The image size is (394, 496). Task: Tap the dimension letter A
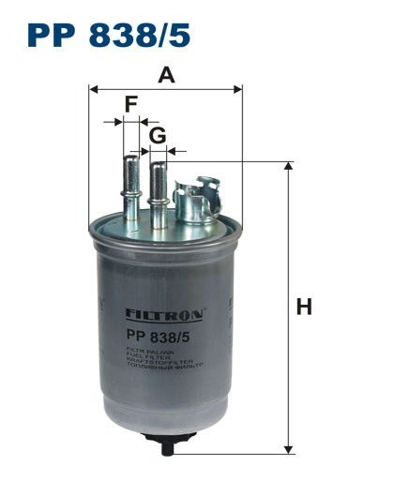click(166, 76)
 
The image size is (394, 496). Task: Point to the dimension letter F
click(131, 104)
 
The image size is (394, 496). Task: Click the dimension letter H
click(303, 307)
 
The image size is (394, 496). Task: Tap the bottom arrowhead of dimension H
click(288, 449)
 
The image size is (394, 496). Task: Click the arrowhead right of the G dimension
click(179, 150)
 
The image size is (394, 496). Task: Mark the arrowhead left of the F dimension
click(117, 120)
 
